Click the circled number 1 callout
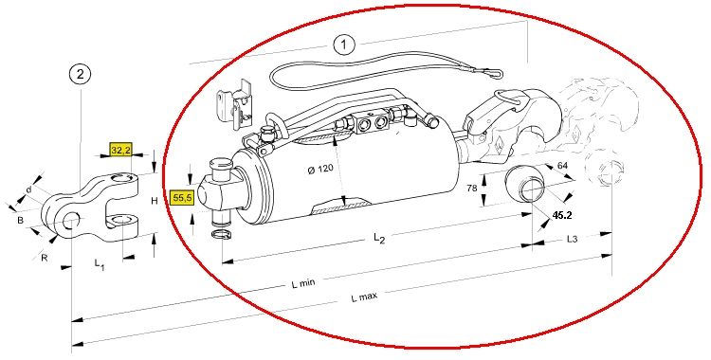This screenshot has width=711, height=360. pyautogui.click(x=344, y=45)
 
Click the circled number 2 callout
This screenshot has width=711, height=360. pyautogui.click(x=81, y=75)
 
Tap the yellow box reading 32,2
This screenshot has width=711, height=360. pyautogui.click(x=120, y=149)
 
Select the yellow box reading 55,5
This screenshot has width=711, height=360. pyautogui.click(x=181, y=198)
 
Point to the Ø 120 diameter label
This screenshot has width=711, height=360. pyautogui.click(x=320, y=170)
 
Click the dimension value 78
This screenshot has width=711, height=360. pyautogui.click(x=472, y=188)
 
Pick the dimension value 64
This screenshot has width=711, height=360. pyautogui.click(x=562, y=166)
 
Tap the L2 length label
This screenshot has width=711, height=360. pyautogui.click(x=379, y=238)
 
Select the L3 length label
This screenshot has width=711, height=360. pyautogui.click(x=573, y=239)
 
